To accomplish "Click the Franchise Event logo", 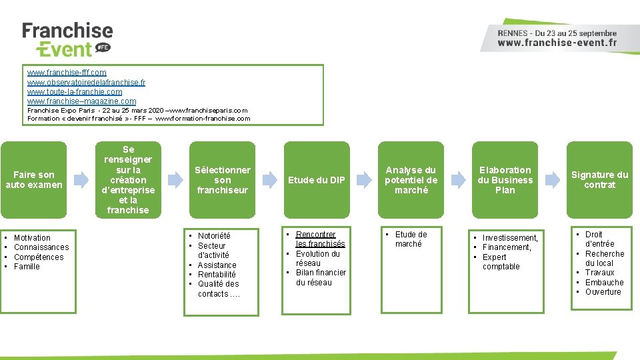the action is (x=67, y=40).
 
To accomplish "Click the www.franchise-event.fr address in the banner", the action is (x=557, y=43).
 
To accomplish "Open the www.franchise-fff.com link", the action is (x=67, y=72).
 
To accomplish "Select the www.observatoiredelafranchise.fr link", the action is (x=86, y=82).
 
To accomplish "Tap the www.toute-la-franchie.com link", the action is (x=75, y=91).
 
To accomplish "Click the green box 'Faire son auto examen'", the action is (x=34, y=179).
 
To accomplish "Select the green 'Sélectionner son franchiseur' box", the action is (x=223, y=179).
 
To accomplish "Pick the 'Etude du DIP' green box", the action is (x=317, y=179).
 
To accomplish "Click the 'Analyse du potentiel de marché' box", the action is (x=411, y=179).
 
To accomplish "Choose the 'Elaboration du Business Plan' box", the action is (x=505, y=179).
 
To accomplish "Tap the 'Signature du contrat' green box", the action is (x=599, y=179).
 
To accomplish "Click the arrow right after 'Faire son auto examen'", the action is (x=81, y=179).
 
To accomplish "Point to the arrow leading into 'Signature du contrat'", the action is (x=553, y=179).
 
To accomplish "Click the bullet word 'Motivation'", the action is (x=32, y=238).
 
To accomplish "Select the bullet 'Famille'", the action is (x=27, y=267).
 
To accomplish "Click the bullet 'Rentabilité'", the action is (x=217, y=275).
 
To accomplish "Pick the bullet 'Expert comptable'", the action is (x=501, y=262).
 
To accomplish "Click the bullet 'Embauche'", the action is (x=604, y=283).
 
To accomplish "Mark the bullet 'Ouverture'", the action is (x=603, y=292).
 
